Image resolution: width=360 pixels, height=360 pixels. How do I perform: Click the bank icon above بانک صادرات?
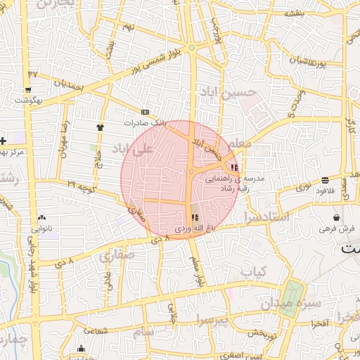pos(146,112)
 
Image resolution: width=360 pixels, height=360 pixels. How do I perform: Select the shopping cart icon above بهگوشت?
pos(27,90)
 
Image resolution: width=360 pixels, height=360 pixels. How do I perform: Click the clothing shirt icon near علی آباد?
pos(99,127)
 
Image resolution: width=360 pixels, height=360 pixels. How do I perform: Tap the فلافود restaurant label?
pos(324,190)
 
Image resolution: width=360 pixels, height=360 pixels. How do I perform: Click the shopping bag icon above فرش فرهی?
pos(337,217)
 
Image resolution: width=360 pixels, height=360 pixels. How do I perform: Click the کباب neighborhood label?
pos(254,271)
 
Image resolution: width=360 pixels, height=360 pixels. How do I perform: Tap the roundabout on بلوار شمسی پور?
pos(191,47)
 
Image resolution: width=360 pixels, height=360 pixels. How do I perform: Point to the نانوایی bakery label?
pos(41,229)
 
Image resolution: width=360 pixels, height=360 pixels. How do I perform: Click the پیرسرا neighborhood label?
pos(213,321)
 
